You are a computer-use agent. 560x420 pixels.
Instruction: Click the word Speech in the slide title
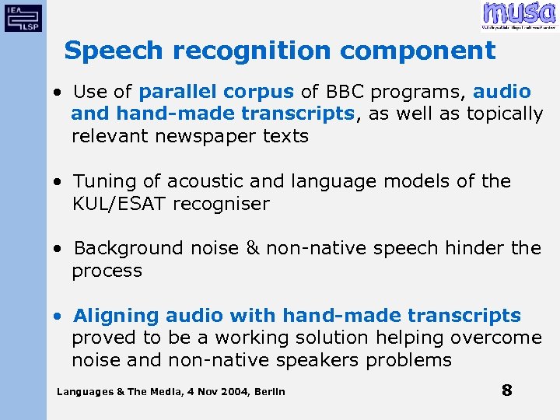tap(114, 51)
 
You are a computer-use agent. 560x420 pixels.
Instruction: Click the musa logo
tap(518, 15)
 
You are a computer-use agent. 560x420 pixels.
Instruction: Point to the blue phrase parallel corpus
tap(216, 92)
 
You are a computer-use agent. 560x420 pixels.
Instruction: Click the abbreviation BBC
tap(341, 92)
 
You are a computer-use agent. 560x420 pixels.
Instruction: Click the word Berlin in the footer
tap(269, 391)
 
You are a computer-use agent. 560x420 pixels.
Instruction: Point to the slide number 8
tap(506, 390)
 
